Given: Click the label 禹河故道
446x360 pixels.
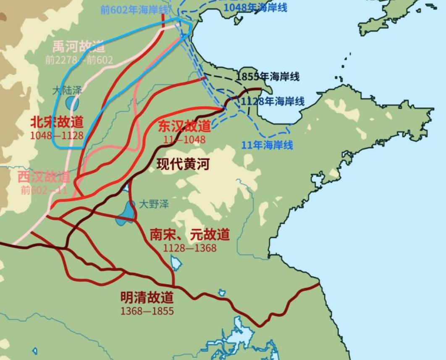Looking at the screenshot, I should click(x=79, y=47).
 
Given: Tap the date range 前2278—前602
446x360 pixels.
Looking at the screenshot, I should click(x=79, y=60).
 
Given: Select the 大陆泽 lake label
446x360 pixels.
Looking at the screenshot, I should click(x=67, y=90).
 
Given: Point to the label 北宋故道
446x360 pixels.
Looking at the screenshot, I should click(x=57, y=122).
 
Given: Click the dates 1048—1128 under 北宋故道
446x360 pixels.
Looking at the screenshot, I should click(x=57, y=135).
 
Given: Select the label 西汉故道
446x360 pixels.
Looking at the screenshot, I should click(x=44, y=177).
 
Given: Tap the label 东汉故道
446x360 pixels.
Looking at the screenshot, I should click(x=184, y=126).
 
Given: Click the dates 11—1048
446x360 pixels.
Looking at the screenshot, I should click(x=184, y=139).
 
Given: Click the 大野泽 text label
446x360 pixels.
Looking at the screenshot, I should click(x=154, y=205).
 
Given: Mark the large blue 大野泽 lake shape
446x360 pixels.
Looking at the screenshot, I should click(x=126, y=212).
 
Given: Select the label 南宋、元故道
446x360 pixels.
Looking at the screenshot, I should click(x=190, y=234).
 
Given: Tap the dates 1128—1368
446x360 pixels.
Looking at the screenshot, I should click(x=190, y=248).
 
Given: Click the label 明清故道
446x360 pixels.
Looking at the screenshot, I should click(x=147, y=298).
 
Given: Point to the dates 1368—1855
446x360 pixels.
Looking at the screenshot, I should click(x=147, y=311).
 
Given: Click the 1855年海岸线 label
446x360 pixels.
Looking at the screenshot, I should click(x=267, y=77).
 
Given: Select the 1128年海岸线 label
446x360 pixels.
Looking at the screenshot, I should click(x=273, y=102).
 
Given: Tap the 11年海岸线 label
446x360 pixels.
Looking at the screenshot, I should click(x=267, y=145).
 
